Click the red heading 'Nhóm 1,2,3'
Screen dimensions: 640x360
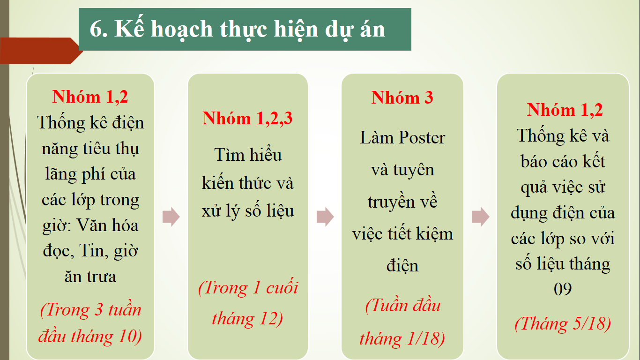pyautogui.click(x=247, y=118)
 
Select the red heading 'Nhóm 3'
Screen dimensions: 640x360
pyautogui.click(x=402, y=97)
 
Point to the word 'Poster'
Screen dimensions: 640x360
pyautogui.click(x=422, y=137)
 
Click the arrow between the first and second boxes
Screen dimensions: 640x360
pyautogui.click(x=171, y=217)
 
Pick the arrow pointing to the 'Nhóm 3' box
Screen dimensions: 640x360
pyautogui.click(x=325, y=217)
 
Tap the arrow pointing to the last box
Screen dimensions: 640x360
pyautogui.click(x=481, y=217)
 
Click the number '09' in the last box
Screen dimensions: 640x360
pyautogui.click(x=563, y=289)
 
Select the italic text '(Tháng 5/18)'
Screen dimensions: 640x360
pyautogui.click(x=563, y=324)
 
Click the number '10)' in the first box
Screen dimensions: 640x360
pyautogui.click(x=130, y=336)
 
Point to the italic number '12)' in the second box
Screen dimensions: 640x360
pyautogui.click(x=271, y=319)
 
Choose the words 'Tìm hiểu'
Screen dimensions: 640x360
pyautogui.click(x=248, y=155)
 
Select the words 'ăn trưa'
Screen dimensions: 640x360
pyautogui.click(x=90, y=277)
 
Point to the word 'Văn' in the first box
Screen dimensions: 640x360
pyautogui.click(x=91, y=225)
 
